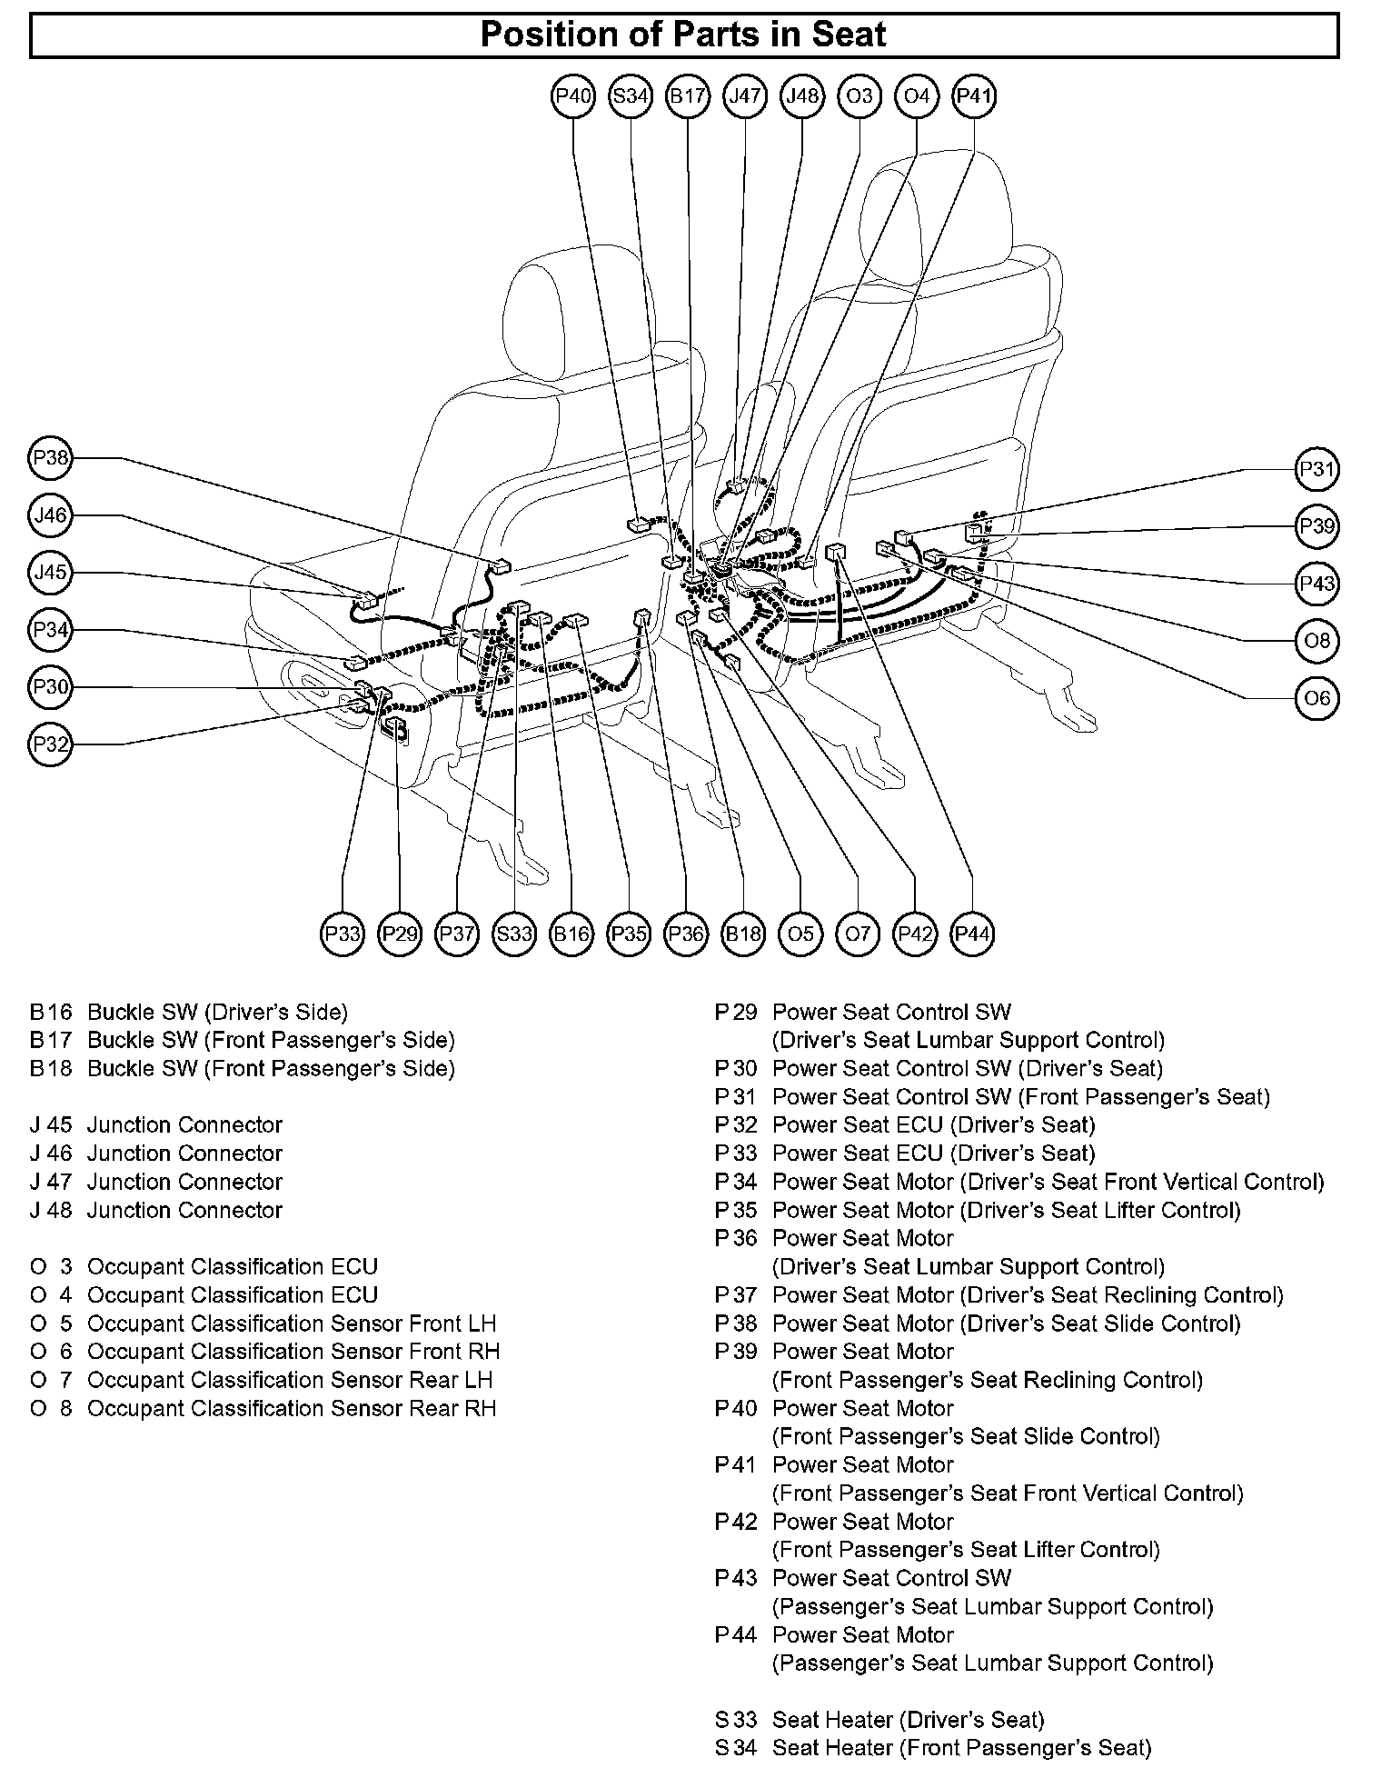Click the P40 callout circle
coord(573,95)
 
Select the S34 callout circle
coord(631,95)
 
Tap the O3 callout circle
coord(859,95)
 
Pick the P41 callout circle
coord(973,95)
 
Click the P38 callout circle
coord(50,458)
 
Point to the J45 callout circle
coord(50,573)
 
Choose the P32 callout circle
coord(50,744)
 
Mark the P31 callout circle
coord(1316,469)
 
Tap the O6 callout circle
coord(1316,698)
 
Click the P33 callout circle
coord(343,934)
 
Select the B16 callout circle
coord(571,934)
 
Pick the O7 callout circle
coord(858,934)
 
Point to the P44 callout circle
coord(972,934)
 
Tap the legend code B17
coord(51,1040)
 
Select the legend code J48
coord(51,1210)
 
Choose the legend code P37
coord(736,1295)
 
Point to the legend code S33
coord(736,1720)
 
